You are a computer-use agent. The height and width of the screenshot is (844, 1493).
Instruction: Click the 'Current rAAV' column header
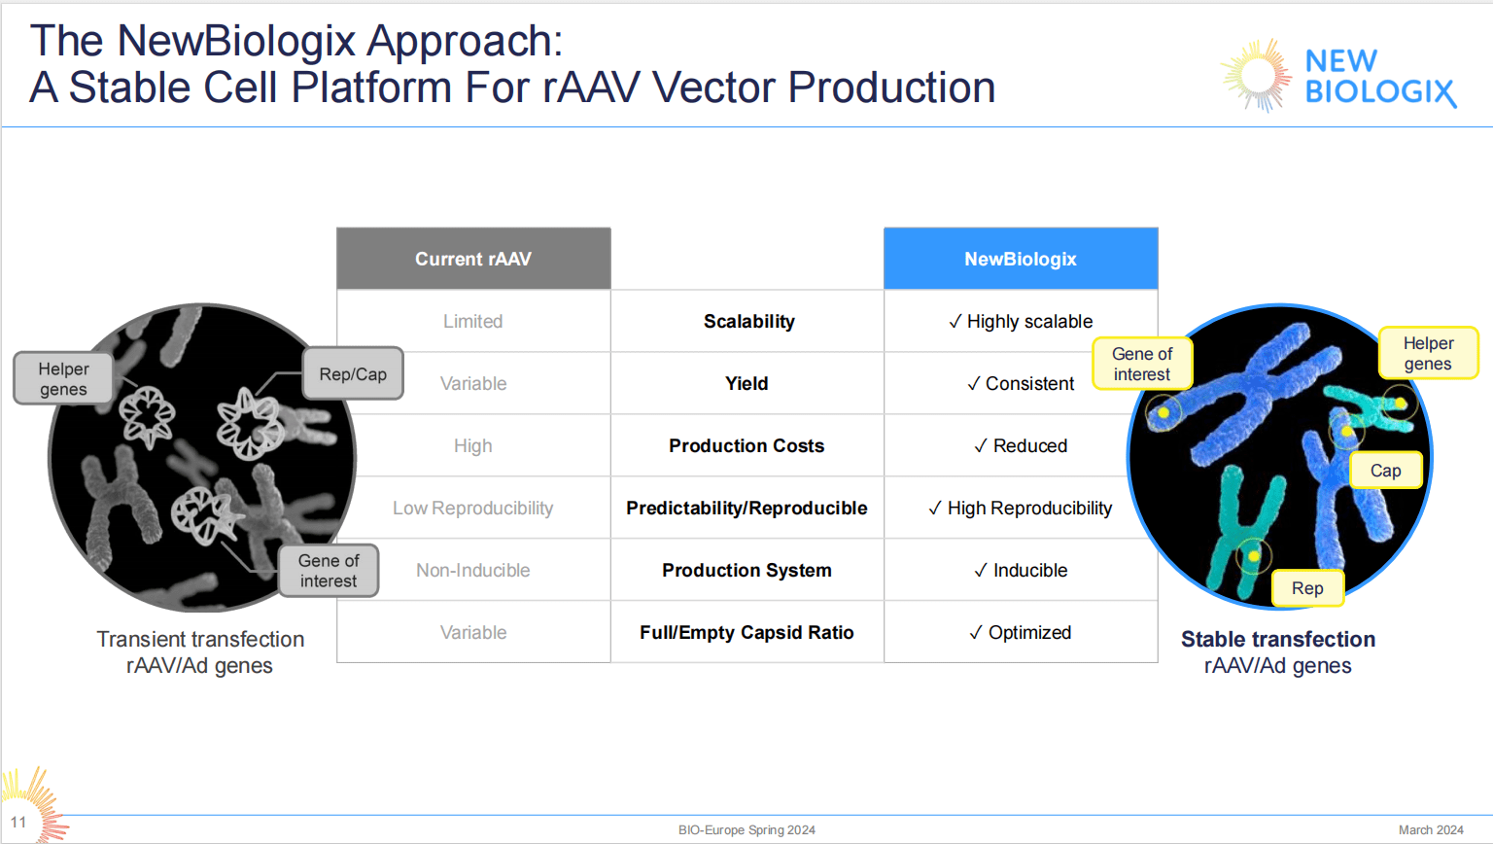(473, 259)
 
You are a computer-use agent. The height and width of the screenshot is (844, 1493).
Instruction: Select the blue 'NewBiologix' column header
(1020, 259)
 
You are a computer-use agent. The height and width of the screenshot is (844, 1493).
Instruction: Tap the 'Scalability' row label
(748, 322)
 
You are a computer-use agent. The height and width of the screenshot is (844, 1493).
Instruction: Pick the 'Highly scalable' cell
(1021, 322)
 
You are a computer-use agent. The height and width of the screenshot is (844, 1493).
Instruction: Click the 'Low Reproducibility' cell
(472, 509)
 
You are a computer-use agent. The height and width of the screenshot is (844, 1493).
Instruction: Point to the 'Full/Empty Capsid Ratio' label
(746, 633)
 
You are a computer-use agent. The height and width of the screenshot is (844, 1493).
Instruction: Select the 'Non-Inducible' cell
(472, 571)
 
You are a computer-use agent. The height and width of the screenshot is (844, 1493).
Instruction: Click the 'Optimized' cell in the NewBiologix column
(1021, 633)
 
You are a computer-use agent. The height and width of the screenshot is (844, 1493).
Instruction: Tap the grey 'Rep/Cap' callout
(353, 374)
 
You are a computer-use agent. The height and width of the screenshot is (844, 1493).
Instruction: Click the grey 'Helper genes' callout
(63, 379)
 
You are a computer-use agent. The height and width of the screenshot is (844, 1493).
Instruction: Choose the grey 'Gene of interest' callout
(329, 571)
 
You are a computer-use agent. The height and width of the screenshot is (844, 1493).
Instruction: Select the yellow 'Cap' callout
(1385, 471)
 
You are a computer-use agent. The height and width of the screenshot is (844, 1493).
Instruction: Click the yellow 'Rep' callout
(1307, 588)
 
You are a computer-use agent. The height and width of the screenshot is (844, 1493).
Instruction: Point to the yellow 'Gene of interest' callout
(1142, 365)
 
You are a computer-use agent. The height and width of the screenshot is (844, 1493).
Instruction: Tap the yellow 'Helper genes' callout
(1428, 354)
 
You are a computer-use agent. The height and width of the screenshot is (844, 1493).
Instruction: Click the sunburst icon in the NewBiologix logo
(1257, 75)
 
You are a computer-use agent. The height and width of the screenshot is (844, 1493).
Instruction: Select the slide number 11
(18, 823)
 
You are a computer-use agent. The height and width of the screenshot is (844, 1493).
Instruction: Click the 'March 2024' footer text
(1431, 830)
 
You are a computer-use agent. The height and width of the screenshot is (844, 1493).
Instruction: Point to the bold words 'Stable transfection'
(1278, 639)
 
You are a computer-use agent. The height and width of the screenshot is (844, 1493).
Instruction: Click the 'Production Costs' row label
(746, 446)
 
